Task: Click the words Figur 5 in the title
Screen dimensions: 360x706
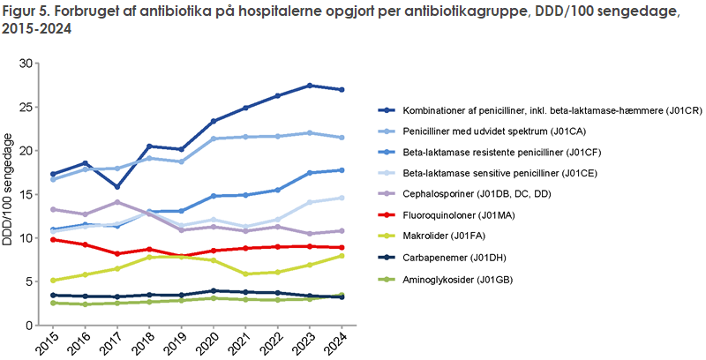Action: (x=26, y=11)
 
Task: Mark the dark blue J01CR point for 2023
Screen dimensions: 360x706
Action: (x=309, y=86)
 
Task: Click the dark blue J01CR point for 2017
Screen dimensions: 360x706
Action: (x=117, y=186)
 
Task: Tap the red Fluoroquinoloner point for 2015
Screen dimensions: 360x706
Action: (x=54, y=239)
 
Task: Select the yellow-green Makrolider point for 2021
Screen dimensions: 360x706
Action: (x=245, y=274)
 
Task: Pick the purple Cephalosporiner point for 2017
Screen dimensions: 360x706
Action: (x=117, y=202)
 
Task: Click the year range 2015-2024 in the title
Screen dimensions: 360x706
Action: (x=38, y=28)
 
